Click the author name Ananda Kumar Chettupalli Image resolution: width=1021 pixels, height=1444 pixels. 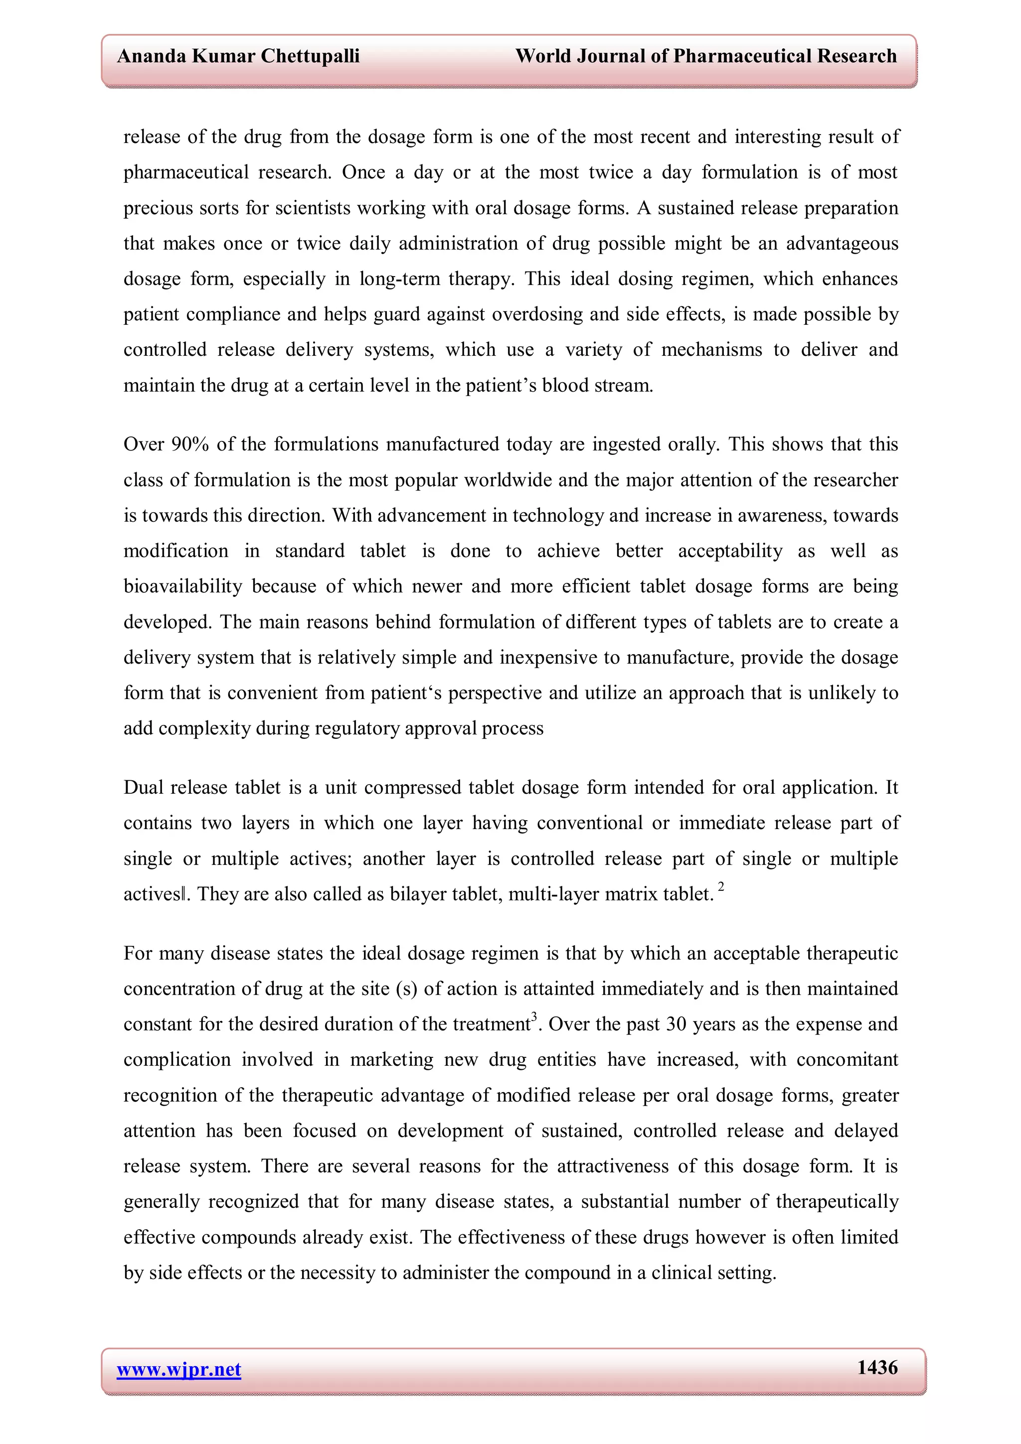click(238, 57)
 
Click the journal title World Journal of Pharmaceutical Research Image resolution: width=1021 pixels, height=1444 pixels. click(706, 57)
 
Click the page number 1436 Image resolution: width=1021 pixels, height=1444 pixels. click(877, 1368)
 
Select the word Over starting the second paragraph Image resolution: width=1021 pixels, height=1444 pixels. click(144, 444)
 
